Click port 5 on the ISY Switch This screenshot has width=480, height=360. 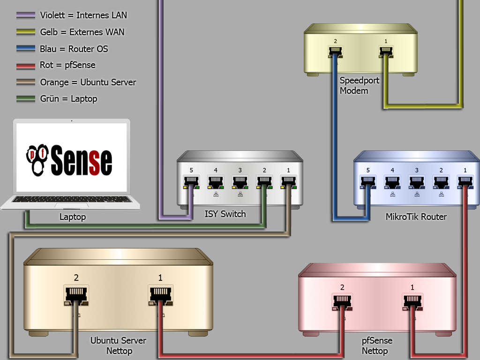click(x=191, y=180)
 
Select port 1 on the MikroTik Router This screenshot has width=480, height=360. click(x=465, y=180)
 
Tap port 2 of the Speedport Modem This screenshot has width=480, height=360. click(x=336, y=51)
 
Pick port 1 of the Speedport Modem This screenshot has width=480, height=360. click(x=386, y=51)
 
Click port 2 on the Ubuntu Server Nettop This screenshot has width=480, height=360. click(x=76, y=294)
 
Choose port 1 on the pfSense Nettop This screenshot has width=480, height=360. click(x=412, y=300)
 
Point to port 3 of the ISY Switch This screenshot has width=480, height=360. click(x=240, y=180)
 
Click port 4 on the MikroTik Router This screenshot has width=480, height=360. click(x=392, y=180)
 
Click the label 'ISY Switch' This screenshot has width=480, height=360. click(x=225, y=214)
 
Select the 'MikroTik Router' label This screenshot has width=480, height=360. click(x=416, y=217)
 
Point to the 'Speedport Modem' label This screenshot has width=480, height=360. click(x=359, y=85)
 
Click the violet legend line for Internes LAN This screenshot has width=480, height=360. click(x=25, y=15)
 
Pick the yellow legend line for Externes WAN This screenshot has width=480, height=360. click(x=25, y=32)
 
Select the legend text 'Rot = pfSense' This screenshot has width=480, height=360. click(x=67, y=65)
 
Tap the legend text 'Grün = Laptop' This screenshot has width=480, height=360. click(x=68, y=98)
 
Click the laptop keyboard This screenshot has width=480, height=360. click(x=71, y=200)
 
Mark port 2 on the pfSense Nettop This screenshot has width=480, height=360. click(x=342, y=300)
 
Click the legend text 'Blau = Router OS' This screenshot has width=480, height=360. click(x=74, y=49)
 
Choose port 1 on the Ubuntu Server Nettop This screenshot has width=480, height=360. click(x=160, y=294)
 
